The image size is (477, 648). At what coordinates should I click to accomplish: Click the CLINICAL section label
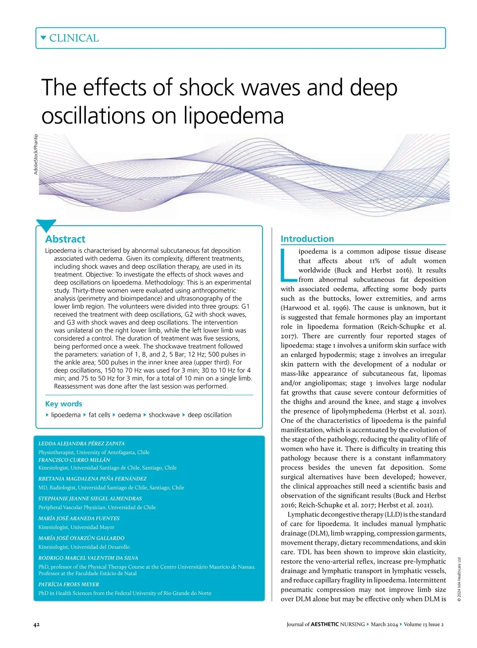click(74, 38)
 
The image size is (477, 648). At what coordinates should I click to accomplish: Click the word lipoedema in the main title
click(233, 116)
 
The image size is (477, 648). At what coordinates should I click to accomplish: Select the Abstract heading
click(65, 239)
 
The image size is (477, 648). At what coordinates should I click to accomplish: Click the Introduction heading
click(307, 239)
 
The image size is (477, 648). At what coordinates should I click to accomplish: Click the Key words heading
click(64, 404)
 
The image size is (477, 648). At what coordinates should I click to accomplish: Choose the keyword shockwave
click(164, 415)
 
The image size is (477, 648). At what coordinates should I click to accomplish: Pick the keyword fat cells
click(99, 415)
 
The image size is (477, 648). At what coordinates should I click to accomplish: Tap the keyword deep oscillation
click(209, 415)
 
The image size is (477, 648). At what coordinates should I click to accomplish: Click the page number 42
click(36, 625)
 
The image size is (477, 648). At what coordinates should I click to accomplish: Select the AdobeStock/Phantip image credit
click(36, 154)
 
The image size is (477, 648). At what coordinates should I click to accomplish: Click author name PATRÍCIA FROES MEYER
click(69, 584)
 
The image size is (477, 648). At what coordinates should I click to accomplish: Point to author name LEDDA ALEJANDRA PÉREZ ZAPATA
click(81, 443)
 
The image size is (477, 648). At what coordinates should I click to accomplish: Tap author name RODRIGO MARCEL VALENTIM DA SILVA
click(88, 558)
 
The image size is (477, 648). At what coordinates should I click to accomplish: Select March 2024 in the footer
click(384, 625)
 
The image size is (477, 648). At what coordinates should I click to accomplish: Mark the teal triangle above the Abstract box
click(46, 225)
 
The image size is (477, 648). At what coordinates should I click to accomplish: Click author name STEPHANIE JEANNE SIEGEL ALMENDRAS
click(90, 499)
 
